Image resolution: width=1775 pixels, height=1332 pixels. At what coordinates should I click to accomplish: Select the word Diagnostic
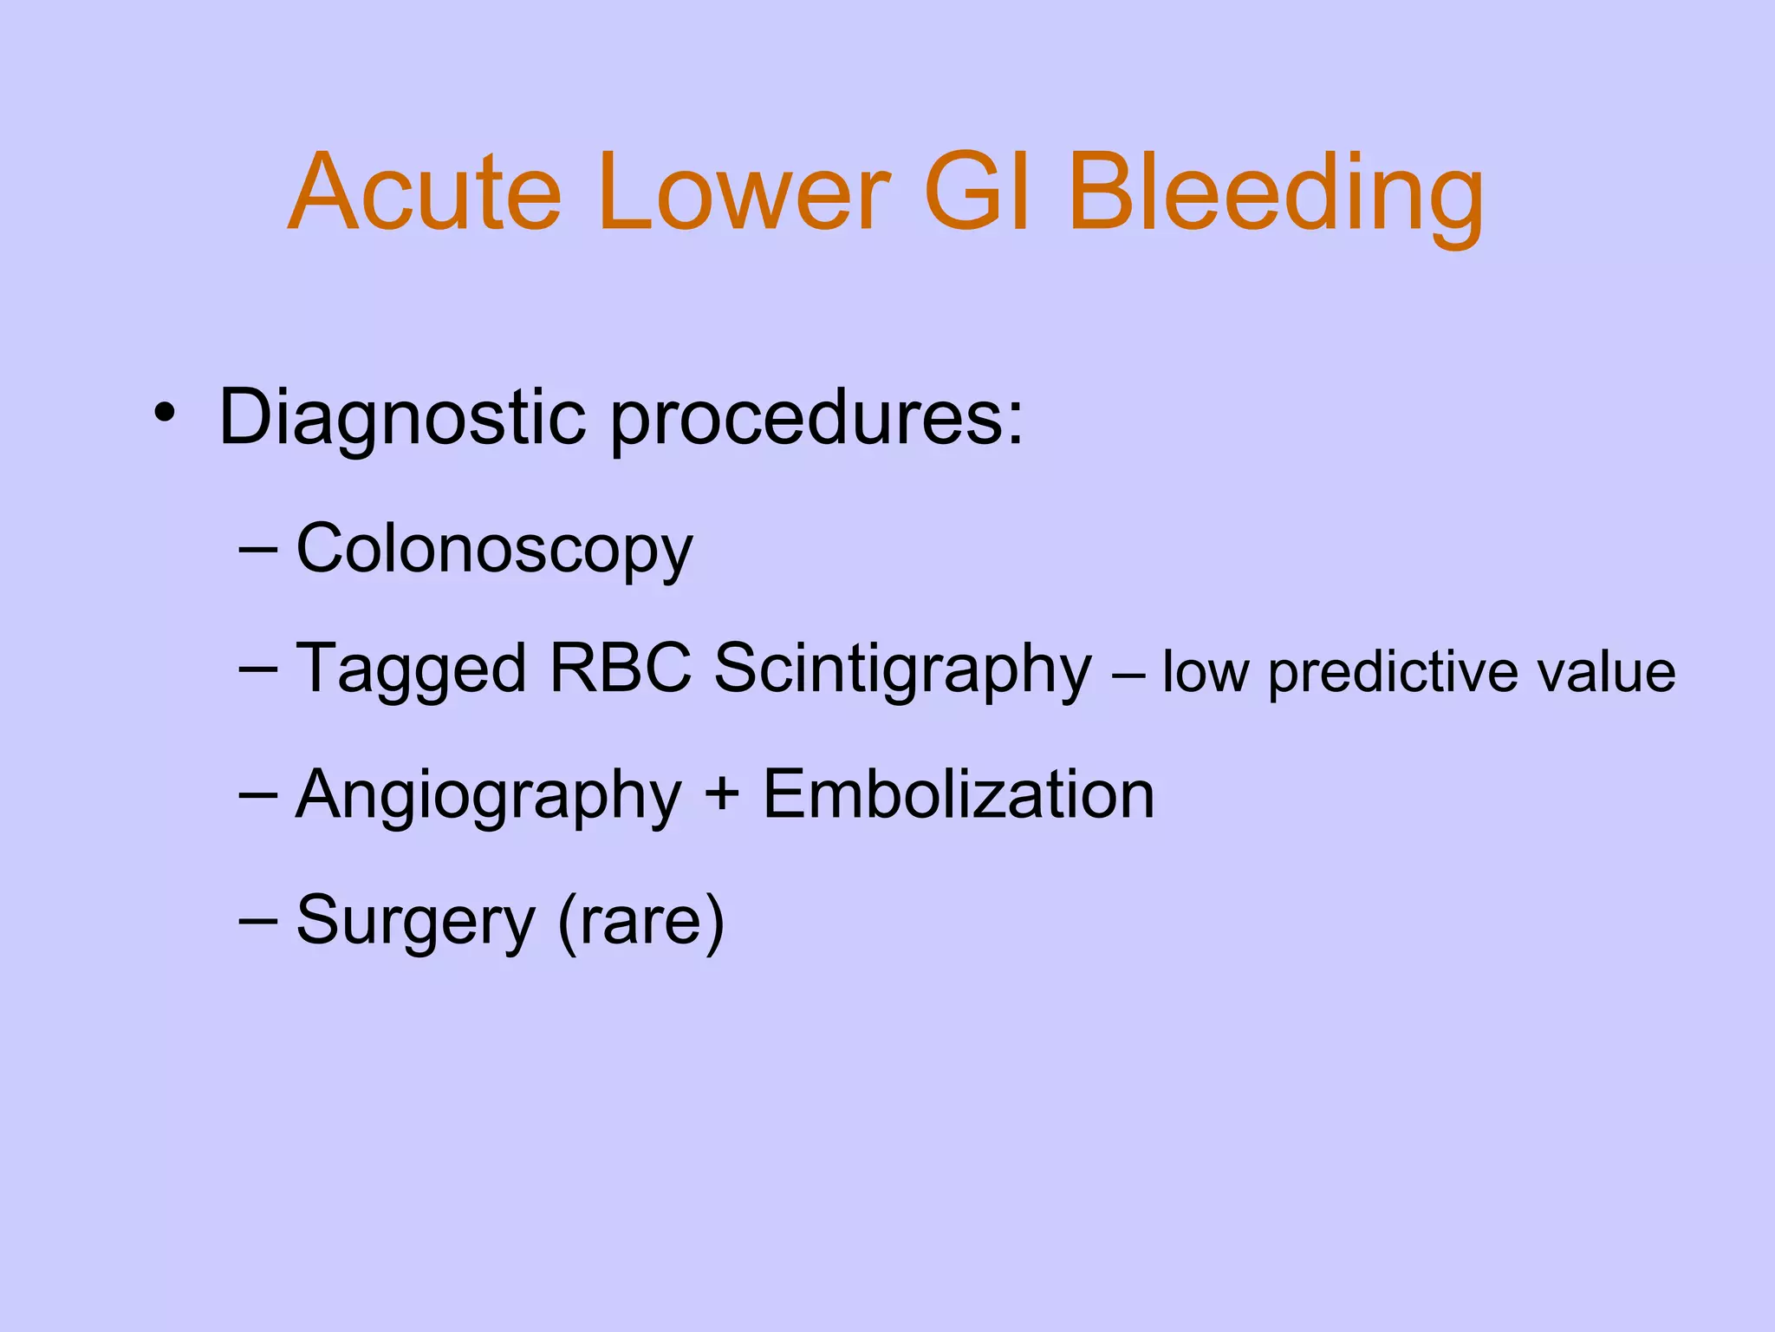tap(403, 418)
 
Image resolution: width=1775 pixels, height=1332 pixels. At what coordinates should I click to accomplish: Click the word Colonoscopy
tap(494, 550)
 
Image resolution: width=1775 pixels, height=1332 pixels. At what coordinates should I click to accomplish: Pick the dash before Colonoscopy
tap(257, 550)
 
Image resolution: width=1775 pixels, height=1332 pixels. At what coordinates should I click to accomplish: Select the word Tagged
tap(411, 669)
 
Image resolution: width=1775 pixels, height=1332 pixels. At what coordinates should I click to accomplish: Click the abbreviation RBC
tap(621, 668)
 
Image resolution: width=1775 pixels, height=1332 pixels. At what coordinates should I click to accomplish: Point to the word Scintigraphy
tap(902, 669)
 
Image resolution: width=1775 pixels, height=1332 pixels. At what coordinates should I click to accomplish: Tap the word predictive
tap(1393, 673)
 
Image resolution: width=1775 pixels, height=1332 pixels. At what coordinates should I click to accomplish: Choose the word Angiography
tap(488, 796)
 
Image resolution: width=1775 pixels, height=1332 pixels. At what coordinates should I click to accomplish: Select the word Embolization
tap(958, 794)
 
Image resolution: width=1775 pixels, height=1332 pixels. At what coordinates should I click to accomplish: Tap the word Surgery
tap(415, 921)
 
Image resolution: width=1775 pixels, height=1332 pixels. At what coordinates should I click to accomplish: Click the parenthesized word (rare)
tap(640, 921)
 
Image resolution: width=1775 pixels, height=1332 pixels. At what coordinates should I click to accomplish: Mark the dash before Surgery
tap(257, 919)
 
